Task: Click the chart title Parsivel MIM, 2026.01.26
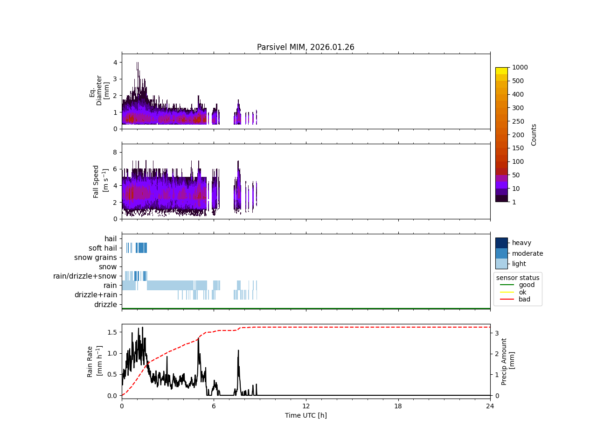305,47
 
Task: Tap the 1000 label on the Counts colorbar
520,67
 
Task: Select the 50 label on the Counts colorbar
515,175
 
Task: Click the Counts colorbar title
534,134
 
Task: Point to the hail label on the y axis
111,239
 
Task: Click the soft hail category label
103,248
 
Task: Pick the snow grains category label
96,258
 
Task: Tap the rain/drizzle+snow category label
85,276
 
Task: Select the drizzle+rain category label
96,295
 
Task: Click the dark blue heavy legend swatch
501,243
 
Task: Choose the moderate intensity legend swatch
501,253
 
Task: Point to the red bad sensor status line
507,299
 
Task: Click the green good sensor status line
507,285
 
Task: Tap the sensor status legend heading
518,278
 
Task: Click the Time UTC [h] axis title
305,415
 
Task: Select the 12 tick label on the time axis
306,406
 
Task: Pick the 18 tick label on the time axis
398,406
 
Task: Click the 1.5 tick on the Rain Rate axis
112,332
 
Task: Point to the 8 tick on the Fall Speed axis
114,152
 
